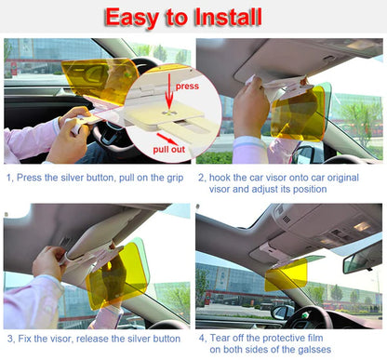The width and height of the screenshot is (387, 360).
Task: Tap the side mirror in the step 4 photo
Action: [x=278, y=312]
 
